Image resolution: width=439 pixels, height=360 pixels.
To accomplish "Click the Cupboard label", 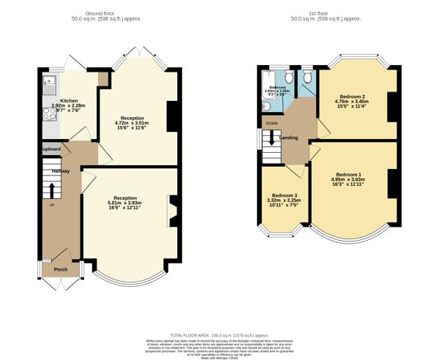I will click(50, 149).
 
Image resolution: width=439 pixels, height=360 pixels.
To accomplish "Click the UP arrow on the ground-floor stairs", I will click(52, 190).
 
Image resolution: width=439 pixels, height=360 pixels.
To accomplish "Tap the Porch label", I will click(61, 269).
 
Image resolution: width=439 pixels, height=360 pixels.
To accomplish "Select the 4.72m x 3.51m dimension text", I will click(132, 123).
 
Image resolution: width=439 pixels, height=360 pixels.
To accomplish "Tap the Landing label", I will click(289, 137).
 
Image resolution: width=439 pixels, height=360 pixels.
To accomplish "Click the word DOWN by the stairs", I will click(271, 124).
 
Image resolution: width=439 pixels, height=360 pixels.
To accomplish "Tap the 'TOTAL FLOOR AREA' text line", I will click(219, 333).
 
